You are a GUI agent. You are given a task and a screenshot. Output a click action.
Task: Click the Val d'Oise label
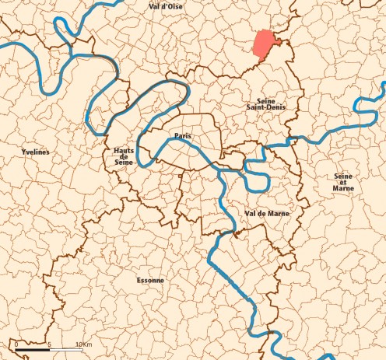[166, 6]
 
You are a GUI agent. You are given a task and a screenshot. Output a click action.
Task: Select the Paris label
[183, 136]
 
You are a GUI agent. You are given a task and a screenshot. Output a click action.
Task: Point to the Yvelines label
[36, 152]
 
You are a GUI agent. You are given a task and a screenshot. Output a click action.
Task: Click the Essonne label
[149, 278]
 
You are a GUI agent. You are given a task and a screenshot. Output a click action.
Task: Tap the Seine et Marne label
[342, 182]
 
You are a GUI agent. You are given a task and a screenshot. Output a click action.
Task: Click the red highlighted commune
[266, 44]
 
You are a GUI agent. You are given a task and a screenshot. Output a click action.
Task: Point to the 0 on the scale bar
[16, 343]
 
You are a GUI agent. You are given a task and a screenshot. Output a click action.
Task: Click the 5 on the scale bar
[49, 343]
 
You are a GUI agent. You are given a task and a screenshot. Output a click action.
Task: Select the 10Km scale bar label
[84, 343]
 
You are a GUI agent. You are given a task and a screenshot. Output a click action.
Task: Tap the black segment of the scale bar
[33, 350]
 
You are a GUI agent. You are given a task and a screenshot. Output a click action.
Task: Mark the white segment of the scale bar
[65, 350]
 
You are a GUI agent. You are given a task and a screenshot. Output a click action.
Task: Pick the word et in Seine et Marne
[342, 182]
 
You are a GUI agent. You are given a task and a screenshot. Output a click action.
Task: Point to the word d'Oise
[174, 6]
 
